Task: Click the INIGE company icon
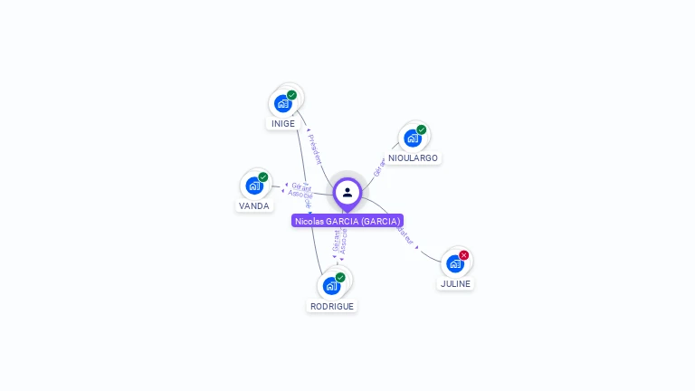pyautogui.click(x=283, y=103)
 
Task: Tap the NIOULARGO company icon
pyautogui.click(x=413, y=138)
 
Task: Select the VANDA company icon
pyautogui.click(x=254, y=186)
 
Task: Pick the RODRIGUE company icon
pyautogui.click(x=332, y=286)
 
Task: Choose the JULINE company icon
pyautogui.click(x=455, y=263)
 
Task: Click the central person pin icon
pyautogui.click(x=347, y=193)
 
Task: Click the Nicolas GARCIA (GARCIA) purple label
pyautogui.click(x=347, y=221)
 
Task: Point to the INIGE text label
pyautogui.click(x=283, y=124)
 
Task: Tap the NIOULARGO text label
pyautogui.click(x=414, y=158)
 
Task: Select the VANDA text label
pyautogui.click(x=254, y=206)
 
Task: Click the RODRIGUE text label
pyautogui.click(x=332, y=307)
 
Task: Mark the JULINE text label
pyautogui.click(x=455, y=284)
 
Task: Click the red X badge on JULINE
pyautogui.click(x=464, y=255)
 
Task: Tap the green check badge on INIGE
pyautogui.click(x=291, y=95)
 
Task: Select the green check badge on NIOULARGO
pyautogui.click(x=422, y=129)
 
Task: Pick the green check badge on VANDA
pyautogui.click(x=263, y=177)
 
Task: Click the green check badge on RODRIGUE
pyautogui.click(x=340, y=277)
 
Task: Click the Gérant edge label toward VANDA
pyautogui.click(x=300, y=186)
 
